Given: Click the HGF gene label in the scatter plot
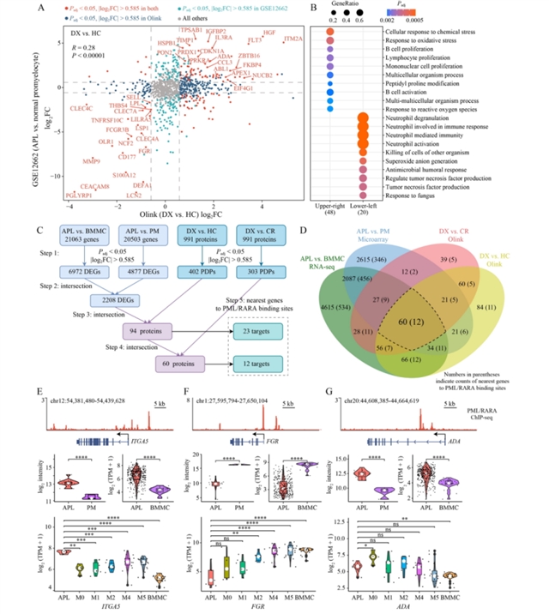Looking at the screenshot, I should pyautogui.click(x=269, y=33).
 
